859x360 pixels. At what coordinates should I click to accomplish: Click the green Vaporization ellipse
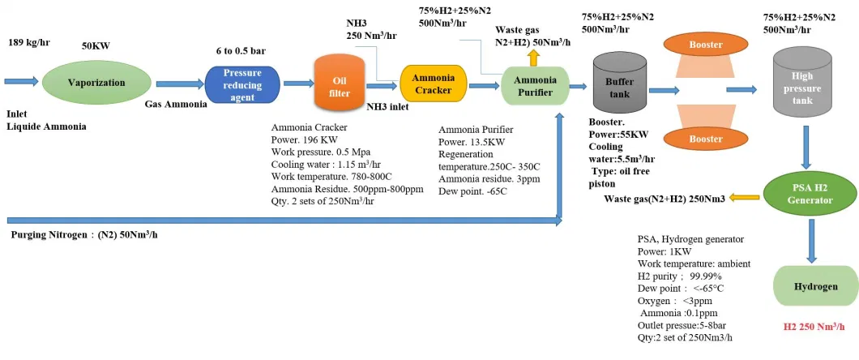coord(96,82)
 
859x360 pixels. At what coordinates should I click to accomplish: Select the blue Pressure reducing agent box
coord(241,84)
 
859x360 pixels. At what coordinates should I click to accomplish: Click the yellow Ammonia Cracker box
coord(434,84)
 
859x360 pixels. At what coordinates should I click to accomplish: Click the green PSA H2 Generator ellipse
coord(810,195)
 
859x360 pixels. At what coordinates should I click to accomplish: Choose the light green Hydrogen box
coord(814,287)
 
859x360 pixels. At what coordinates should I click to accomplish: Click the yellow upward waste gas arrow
coord(532,56)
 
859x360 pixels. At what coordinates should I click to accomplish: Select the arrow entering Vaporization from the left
coord(21,81)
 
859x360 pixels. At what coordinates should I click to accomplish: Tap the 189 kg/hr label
coord(29,41)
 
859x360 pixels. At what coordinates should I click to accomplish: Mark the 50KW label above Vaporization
coord(96,47)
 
